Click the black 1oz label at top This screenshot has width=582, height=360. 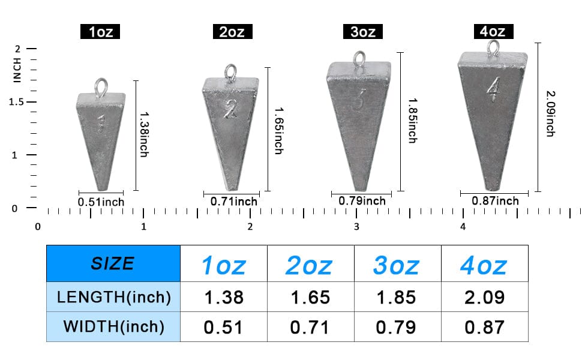point(100,31)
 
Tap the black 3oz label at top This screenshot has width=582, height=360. point(362,31)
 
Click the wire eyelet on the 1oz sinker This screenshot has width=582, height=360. point(100,87)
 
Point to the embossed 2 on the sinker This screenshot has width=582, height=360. point(230,108)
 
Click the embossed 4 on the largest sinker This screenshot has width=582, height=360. point(493,91)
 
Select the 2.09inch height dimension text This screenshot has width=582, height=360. point(550,113)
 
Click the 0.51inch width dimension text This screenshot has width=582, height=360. point(101,202)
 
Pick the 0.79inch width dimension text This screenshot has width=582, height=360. point(362,200)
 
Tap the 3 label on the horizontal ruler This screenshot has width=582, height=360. point(356,227)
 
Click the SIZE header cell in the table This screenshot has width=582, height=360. point(113,263)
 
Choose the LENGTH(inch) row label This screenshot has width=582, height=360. point(113,296)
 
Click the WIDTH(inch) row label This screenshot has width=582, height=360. point(113,326)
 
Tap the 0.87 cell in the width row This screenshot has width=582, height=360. point(485,327)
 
